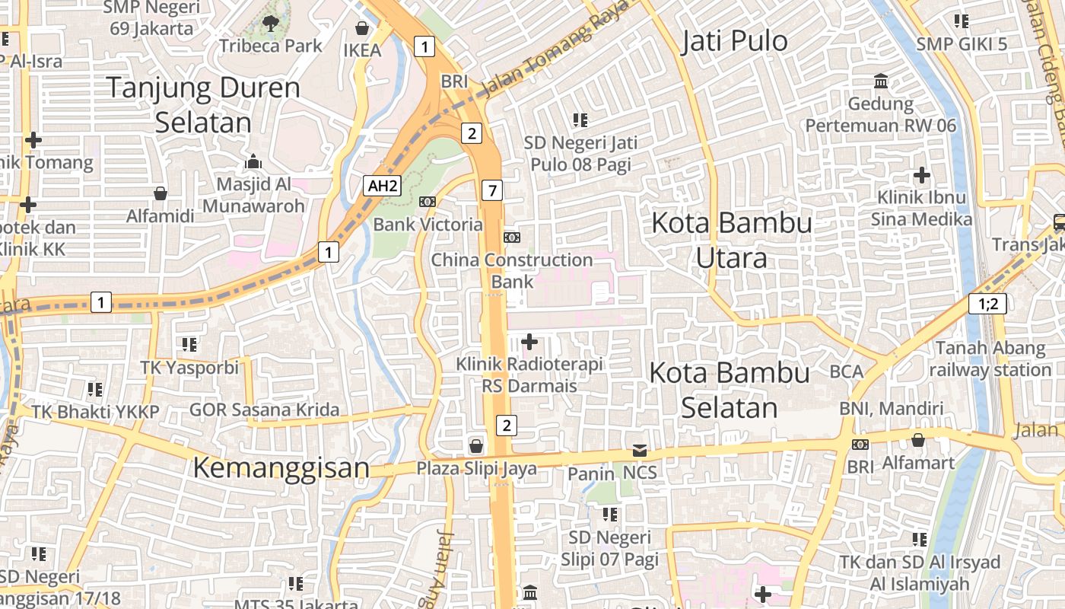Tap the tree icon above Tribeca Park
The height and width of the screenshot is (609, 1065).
click(x=270, y=24)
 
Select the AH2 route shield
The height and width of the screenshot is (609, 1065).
click(x=381, y=186)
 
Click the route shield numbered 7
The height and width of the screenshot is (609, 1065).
click(x=492, y=190)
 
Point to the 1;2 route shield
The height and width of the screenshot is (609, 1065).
click(x=987, y=304)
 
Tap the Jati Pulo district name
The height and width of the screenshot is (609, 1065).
click(x=734, y=41)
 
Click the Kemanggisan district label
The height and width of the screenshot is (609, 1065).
click(x=281, y=467)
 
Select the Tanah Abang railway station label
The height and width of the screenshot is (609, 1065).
click(x=990, y=359)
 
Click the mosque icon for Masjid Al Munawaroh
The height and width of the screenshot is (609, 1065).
click(x=253, y=161)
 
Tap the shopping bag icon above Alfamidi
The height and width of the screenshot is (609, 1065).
click(x=161, y=193)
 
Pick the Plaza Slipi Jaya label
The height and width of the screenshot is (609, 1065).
click(x=476, y=468)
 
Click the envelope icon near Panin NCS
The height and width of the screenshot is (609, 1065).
click(x=639, y=451)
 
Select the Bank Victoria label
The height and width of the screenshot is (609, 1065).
click(x=428, y=225)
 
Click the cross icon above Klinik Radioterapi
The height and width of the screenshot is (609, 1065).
click(x=529, y=342)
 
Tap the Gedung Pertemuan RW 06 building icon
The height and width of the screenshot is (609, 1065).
click(x=881, y=81)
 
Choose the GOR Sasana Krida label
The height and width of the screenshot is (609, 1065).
click(x=264, y=410)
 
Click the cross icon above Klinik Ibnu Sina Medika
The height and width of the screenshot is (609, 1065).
click(x=922, y=176)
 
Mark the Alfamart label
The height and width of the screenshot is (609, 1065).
click(x=918, y=463)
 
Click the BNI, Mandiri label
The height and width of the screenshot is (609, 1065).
click(x=891, y=409)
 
